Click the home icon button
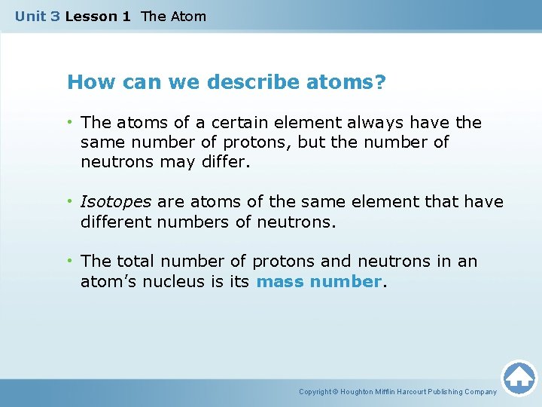(x=519, y=378)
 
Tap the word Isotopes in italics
(x=116, y=202)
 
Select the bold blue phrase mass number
(x=319, y=282)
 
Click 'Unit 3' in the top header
(x=38, y=16)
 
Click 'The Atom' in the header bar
(x=173, y=16)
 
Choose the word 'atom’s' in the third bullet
(x=107, y=282)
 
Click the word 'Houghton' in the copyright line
(x=361, y=392)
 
